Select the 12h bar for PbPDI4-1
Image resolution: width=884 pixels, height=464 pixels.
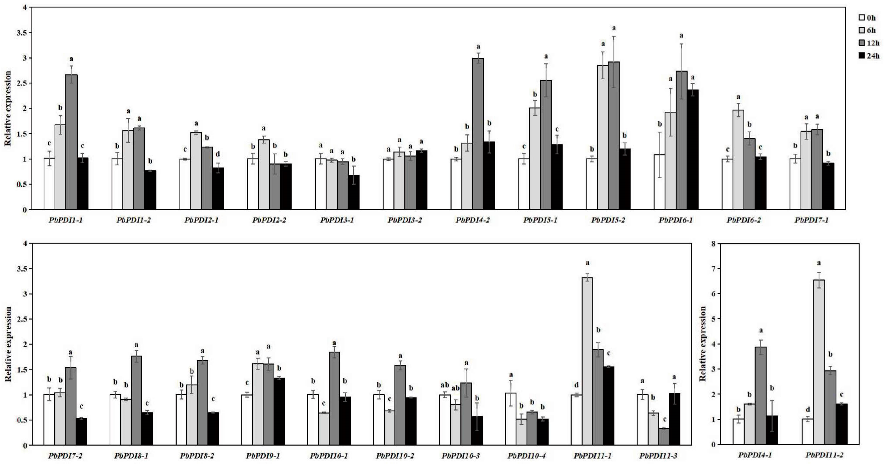(761, 395)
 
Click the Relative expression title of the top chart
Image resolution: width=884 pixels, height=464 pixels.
(7, 108)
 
